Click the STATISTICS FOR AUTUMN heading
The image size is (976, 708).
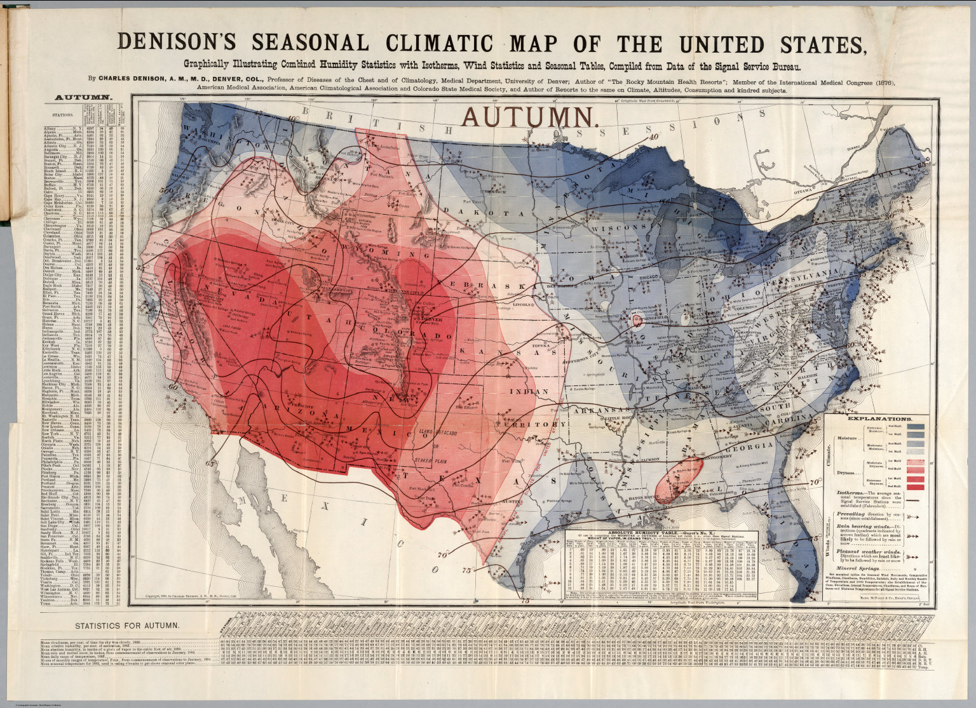coord(126,626)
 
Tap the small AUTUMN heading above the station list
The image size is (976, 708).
coord(83,98)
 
